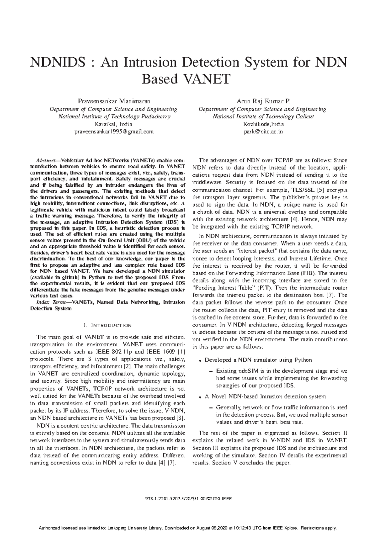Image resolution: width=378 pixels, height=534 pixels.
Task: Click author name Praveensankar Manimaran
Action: (x=114, y=102)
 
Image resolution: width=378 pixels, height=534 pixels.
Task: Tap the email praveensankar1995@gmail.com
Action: (x=114, y=132)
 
